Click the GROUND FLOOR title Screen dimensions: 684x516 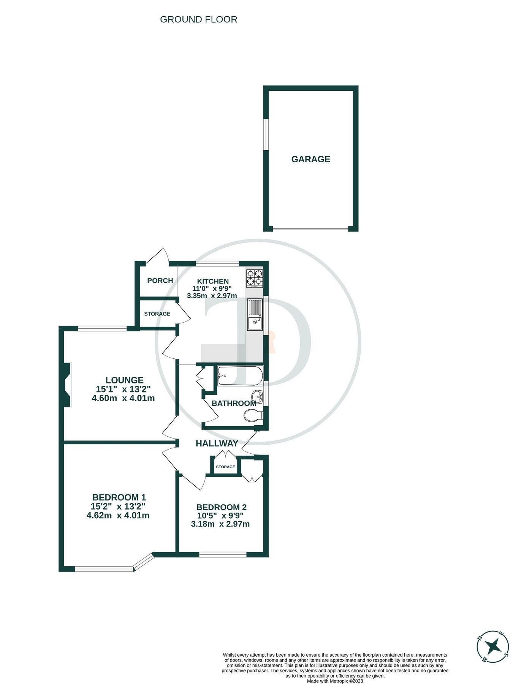tap(198, 19)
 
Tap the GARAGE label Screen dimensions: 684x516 tap(310, 159)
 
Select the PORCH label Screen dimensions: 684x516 tap(160, 280)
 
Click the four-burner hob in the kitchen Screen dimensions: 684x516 tap(255, 277)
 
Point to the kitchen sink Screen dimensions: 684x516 tap(255, 315)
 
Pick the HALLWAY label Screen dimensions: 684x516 tap(217, 443)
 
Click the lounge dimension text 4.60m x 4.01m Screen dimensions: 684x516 tap(123, 398)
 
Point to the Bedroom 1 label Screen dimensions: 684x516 tap(119, 497)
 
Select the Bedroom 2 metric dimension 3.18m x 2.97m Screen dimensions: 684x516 tap(220, 524)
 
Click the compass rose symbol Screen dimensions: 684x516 tap(493, 647)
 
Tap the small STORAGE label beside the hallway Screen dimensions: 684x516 tap(225, 467)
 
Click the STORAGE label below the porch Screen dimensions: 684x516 tap(157, 313)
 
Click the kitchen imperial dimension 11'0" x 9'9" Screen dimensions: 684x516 tap(212, 288)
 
